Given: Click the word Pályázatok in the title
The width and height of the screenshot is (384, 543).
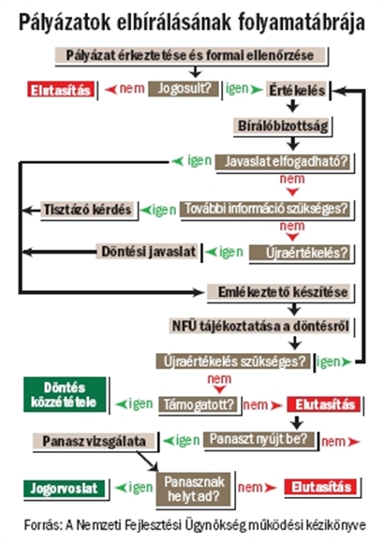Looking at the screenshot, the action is coord(65,22).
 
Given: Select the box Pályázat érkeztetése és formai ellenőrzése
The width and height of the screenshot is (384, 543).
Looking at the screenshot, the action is coord(190,55).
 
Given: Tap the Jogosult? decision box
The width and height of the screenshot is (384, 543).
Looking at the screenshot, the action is coord(184,89).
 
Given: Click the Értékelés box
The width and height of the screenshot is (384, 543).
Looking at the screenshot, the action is coord(297,90).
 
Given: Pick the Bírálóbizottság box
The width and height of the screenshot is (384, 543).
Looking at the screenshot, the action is coord(282,125).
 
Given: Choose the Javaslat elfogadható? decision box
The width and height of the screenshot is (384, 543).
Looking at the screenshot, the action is coord(284,162).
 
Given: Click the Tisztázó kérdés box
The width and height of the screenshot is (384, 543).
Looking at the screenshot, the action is coord(88,210).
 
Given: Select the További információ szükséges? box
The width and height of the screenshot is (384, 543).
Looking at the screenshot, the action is coord(265,209).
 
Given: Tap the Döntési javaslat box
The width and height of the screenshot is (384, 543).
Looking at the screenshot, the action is coord(148,252).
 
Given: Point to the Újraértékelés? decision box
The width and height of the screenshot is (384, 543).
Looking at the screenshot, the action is coord(300,253).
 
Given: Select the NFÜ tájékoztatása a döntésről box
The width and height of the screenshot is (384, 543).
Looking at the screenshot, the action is coord(260,326).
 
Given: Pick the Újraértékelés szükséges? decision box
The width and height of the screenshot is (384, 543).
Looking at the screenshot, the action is coord(233,361).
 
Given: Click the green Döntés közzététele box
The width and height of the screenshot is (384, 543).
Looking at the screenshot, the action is coord(65,394).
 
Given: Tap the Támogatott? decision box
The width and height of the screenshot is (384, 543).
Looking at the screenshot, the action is coord(199,404).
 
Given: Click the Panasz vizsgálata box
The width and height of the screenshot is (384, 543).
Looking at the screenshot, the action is coord(94,441).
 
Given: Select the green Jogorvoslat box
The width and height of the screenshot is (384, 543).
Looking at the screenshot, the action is coord(64,489).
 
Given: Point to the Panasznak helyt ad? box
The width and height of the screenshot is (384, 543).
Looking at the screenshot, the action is coord(193,489).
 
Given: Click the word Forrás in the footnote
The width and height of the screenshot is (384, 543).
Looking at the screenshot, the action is coord(43,525).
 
